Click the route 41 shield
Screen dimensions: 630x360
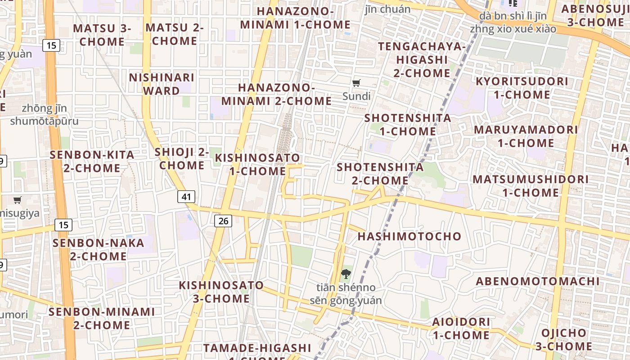pyautogui.click(x=187, y=196)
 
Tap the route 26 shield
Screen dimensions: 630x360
pyautogui.click(x=223, y=220)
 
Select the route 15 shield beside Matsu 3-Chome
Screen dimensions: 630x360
pyautogui.click(x=52, y=45)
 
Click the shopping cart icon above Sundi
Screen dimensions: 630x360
pyautogui.click(x=356, y=83)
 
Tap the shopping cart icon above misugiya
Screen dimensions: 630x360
pyautogui.click(x=18, y=200)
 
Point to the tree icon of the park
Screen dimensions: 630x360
pyautogui.click(x=346, y=274)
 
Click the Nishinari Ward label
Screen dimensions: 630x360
pyautogui.click(x=162, y=84)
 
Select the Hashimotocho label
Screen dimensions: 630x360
pyautogui.click(x=409, y=236)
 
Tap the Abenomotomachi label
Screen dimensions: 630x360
pyautogui.click(x=538, y=281)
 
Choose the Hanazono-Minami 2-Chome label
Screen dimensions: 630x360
pyautogui.click(x=276, y=94)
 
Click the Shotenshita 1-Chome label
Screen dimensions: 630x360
pyautogui.click(x=408, y=125)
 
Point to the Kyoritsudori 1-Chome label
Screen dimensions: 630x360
pyautogui.click(x=522, y=88)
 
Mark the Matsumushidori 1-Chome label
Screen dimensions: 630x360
pyautogui.click(x=531, y=186)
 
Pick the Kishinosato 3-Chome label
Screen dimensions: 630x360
pyautogui.click(x=221, y=292)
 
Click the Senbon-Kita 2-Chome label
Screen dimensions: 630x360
pyautogui.click(x=92, y=162)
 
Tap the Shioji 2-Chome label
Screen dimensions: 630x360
pyautogui.click(x=182, y=158)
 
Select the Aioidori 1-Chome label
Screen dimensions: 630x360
pyautogui.click(x=461, y=328)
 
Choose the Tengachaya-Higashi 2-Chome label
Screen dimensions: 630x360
pyautogui.click(x=422, y=59)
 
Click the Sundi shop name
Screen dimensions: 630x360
pyautogui.click(x=356, y=96)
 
